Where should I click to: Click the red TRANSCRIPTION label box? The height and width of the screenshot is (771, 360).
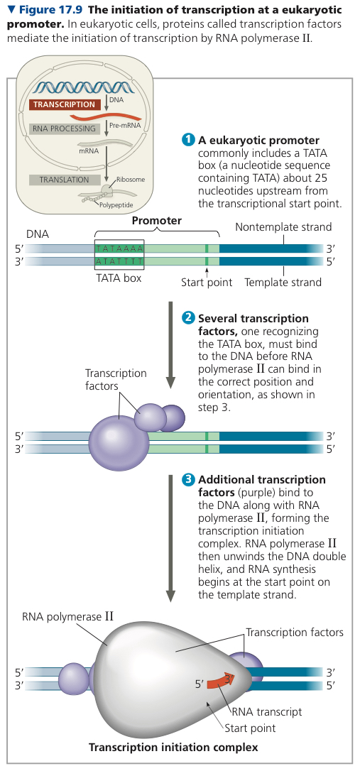65,104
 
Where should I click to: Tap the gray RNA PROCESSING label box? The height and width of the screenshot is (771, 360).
65,128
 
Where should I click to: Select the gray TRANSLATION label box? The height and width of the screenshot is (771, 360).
65,180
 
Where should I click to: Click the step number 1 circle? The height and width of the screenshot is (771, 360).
189,140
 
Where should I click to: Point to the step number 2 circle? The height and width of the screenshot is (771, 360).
189,318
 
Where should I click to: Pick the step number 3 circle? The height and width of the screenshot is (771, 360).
189,479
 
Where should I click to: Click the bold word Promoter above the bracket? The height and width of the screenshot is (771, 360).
156,221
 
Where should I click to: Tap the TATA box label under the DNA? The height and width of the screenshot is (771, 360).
119,278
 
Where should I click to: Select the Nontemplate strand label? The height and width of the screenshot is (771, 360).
283,226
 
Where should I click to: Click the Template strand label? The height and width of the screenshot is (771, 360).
283,283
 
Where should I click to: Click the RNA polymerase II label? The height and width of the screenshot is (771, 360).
67,617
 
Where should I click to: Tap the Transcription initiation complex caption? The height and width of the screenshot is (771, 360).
173,748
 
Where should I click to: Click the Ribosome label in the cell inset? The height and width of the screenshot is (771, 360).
131,180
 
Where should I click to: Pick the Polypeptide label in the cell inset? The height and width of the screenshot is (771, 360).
116,204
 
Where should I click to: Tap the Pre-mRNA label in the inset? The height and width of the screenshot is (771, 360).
125,126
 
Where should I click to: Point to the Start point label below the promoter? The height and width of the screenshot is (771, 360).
207,283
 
